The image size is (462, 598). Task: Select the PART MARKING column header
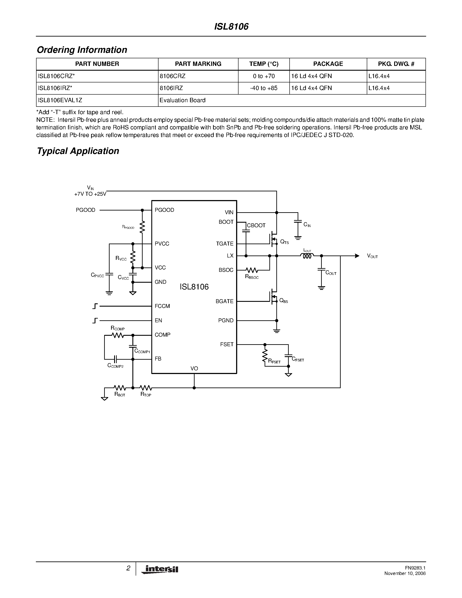click(198, 64)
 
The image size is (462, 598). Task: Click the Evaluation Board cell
click(183, 100)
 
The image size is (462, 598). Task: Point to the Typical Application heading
click(78, 151)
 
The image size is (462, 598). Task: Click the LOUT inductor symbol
click(307, 256)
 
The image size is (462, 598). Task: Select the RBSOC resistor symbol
click(252, 270)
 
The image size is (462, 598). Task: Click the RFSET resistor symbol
click(265, 356)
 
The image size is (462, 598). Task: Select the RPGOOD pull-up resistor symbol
click(142, 227)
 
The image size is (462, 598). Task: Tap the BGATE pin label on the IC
click(224, 301)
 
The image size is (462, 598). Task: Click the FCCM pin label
click(162, 306)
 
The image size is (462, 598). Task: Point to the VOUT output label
click(372, 256)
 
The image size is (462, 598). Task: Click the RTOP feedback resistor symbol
click(146, 388)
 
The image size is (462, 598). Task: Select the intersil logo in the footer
click(160, 570)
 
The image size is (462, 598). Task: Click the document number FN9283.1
click(415, 568)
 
